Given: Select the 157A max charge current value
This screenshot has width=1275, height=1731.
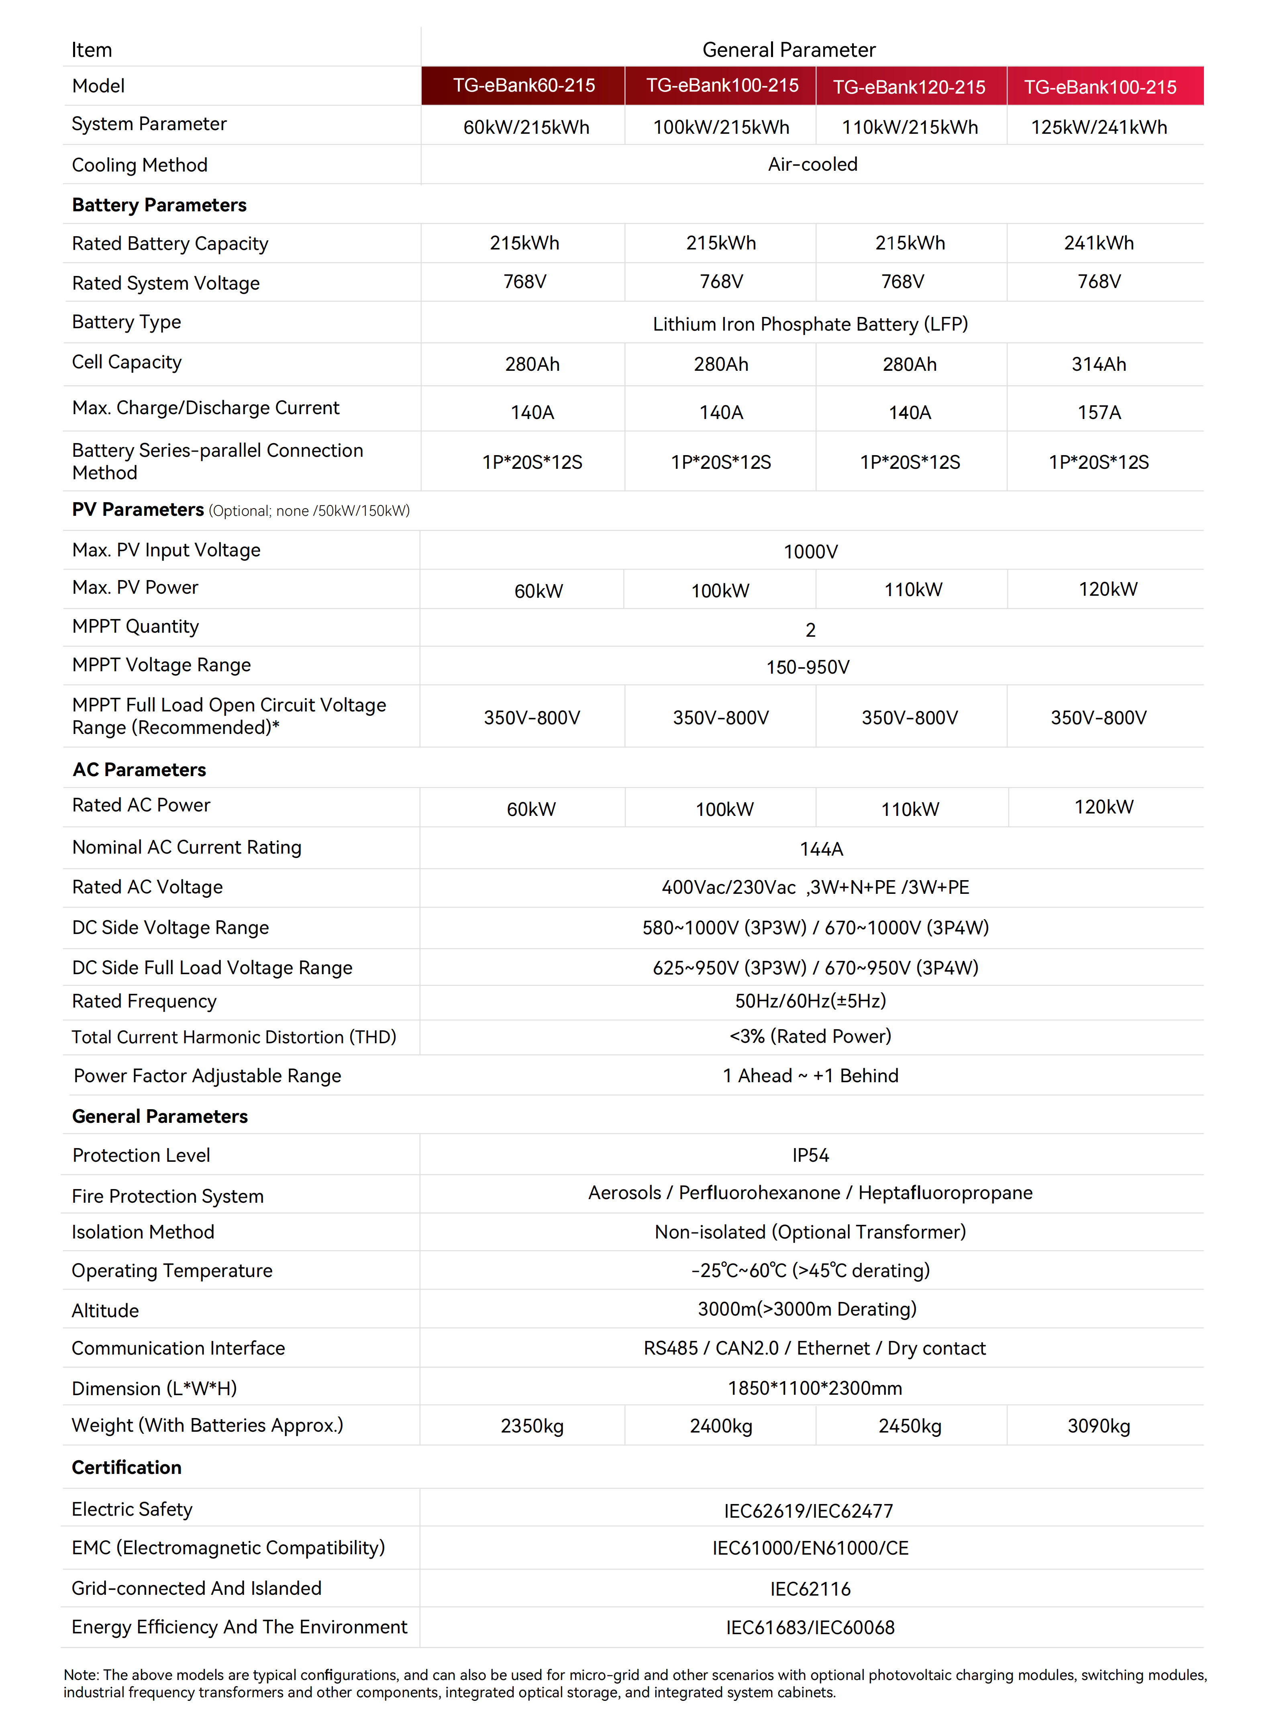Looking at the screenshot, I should (x=1099, y=412).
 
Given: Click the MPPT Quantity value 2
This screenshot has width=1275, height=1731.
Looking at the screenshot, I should (x=810, y=630).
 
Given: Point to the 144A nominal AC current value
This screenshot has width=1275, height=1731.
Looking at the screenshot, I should (x=821, y=849).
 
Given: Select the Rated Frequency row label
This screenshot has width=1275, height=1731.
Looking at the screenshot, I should (x=144, y=1001).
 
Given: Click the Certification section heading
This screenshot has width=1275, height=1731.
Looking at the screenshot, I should (x=126, y=1468).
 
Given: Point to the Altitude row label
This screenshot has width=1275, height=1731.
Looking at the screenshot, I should (x=105, y=1310).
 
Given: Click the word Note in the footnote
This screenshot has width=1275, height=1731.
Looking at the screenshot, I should (x=80, y=1675).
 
